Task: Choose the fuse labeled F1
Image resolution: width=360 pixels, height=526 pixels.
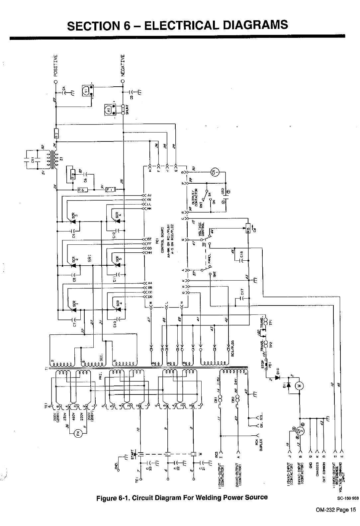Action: (x=110, y=189)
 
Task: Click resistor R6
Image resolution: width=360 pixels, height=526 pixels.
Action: (x=81, y=190)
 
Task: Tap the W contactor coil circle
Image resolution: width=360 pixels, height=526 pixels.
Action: (x=303, y=386)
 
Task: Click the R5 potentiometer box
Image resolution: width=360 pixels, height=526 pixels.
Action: (x=247, y=228)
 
